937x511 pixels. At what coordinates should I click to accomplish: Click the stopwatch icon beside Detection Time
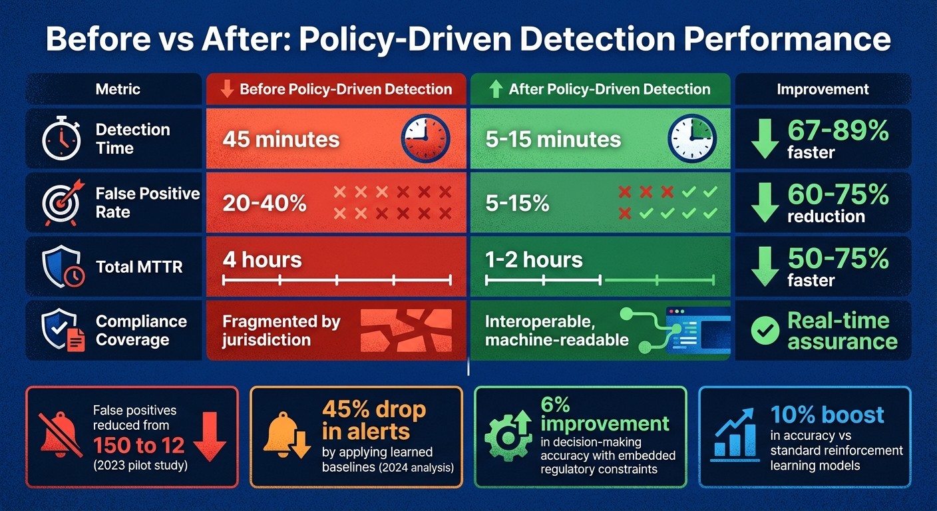pyautogui.click(x=61, y=139)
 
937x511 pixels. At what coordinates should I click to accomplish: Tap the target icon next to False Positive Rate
pyautogui.click(x=61, y=202)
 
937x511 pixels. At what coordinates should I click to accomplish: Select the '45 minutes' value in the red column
pyautogui.click(x=281, y=140)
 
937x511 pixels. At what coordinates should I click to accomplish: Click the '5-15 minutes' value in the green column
pyautogui.click(x=553, y=140)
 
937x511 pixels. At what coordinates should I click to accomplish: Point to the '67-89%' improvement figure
pyautogui.click(x=838, y=131)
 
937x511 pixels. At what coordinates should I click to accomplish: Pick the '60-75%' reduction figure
pyautogui.click(x=838, y=194)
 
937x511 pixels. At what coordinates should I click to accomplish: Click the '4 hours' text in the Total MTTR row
pyautogui.click(x=262, y=259)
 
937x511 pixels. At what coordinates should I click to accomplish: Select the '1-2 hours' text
pyautogui.click(x=534, y=259)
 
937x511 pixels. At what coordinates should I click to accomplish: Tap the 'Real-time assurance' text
pyautogui.click(x=842, y=331)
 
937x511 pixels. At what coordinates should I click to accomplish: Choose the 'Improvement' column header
pyautogui.click(x=823, y=89)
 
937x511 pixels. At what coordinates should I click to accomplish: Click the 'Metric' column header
pyautogui.click(x=118, y=89)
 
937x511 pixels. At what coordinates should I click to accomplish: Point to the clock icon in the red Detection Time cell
pyautogui.click(x=425, y=139)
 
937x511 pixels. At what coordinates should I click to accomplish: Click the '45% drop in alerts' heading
pyautogui.click(x=373, y=420)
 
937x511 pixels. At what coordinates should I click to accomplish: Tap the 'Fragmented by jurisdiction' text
pyautogui.click(x=281, y=331)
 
